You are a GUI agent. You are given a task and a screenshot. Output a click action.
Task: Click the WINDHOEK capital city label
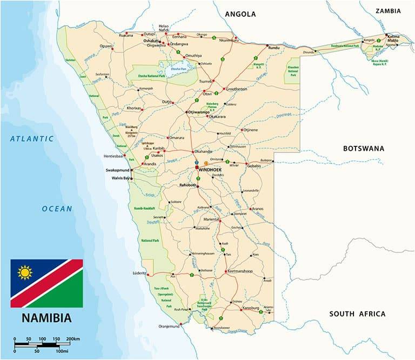tap(211, 170)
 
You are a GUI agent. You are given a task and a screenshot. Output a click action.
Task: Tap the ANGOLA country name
tap(240, 14)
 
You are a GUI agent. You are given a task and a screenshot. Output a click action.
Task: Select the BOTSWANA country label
tap(364, 148)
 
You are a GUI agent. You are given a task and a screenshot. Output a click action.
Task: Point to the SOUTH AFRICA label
tap(357, 314)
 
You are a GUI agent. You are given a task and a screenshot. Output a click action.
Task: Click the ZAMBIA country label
tap(388, 10)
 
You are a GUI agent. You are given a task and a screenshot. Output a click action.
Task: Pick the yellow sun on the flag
tap(25, 272)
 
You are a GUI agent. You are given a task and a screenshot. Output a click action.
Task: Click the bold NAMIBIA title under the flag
tap(46, 317)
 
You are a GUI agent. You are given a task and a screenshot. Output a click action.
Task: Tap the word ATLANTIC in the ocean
tap(32, 138)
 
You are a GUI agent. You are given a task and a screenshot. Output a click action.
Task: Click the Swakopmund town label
tap(118, 170)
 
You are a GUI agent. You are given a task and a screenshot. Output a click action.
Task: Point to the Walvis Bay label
tap(120, 178)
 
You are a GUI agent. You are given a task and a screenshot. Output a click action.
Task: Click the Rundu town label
tap(275, 48)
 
